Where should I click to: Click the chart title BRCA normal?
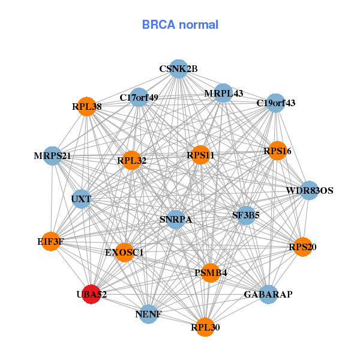coord(180,25)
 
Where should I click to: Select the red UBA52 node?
coord(91,294)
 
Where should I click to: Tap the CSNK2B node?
coord(178,69)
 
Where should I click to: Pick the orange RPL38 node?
coord(88,107)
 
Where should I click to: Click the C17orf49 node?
coord(139,97)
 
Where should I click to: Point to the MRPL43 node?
coord(223,93)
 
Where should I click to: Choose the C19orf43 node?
coord(275,103)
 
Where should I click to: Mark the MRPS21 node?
coord(53,156)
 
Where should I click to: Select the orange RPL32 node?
coord(132,160)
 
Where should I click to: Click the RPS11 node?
coord(200,155)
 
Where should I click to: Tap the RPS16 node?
coord(277,151)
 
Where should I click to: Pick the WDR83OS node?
coord(309,191)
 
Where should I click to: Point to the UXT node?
coord(81,199)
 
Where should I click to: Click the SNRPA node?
coord(175,219)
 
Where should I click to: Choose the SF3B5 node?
coord(246,214)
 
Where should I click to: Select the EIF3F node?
coord(50,242)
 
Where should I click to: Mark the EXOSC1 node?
coord(125,252)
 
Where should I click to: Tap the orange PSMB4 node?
coord(211,273)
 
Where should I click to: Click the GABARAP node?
coord(268,295)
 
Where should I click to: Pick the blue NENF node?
coord(148,314)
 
